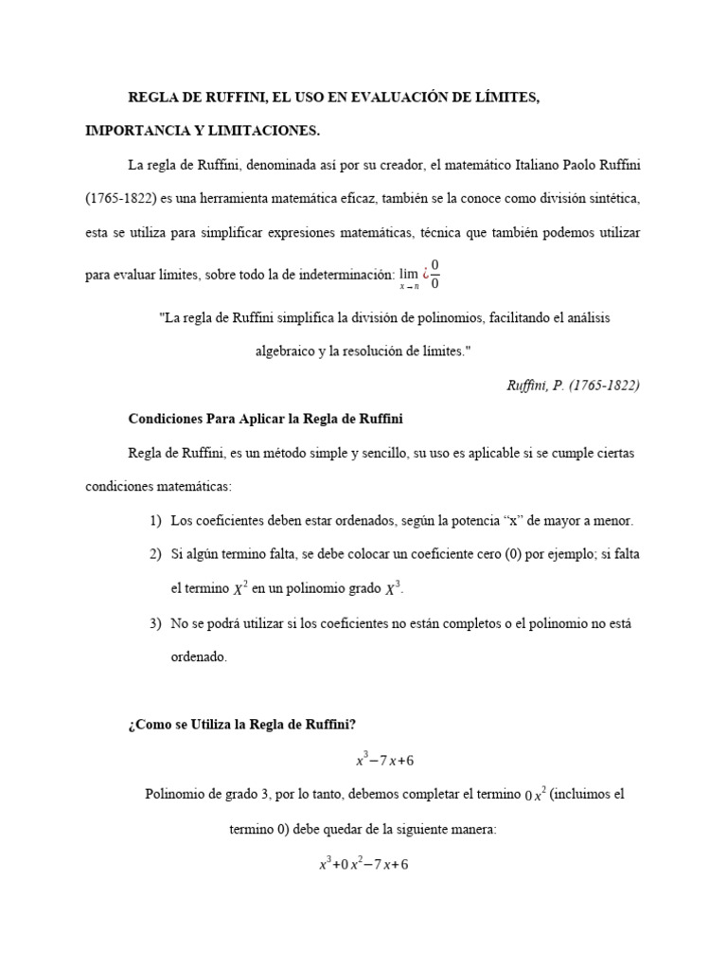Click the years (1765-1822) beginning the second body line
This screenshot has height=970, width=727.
(116, 200)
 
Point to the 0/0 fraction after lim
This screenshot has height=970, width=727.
(434, 273)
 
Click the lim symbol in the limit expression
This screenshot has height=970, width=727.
(409, 273)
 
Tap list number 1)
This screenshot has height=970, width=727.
(155, 521)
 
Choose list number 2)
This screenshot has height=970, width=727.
(155, 554)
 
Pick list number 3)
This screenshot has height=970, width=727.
(155, 622)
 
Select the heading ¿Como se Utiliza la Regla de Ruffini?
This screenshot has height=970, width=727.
(241, 725)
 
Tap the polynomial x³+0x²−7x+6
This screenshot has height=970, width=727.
(363, 863)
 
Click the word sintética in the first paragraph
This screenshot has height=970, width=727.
(613, 200)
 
